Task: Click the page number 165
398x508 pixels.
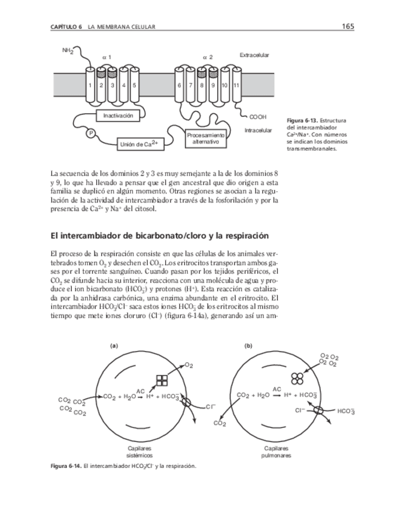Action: click(348, 26)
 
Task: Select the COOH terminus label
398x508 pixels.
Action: click(257, 116)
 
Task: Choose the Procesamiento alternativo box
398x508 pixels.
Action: click(205, 138)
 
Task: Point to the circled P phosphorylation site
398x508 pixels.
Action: click(92, 133)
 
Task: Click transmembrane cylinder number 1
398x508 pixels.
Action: click(89, 85)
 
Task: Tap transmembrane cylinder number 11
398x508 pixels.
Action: click(236, 85)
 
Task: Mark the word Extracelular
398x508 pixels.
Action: click(254, 55)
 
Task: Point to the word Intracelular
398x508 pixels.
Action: click(258, 130)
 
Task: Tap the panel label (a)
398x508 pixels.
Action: click(113, 346)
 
